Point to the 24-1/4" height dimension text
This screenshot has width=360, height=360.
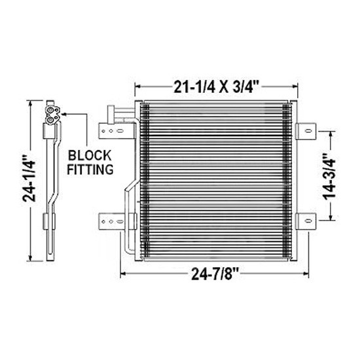coord(27,180)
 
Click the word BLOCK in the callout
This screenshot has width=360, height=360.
coord(90,155)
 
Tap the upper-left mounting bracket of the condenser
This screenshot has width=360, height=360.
coord(112,132)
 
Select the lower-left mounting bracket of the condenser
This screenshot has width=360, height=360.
coord(112,222)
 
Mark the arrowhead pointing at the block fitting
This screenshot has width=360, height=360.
coord(65,115)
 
